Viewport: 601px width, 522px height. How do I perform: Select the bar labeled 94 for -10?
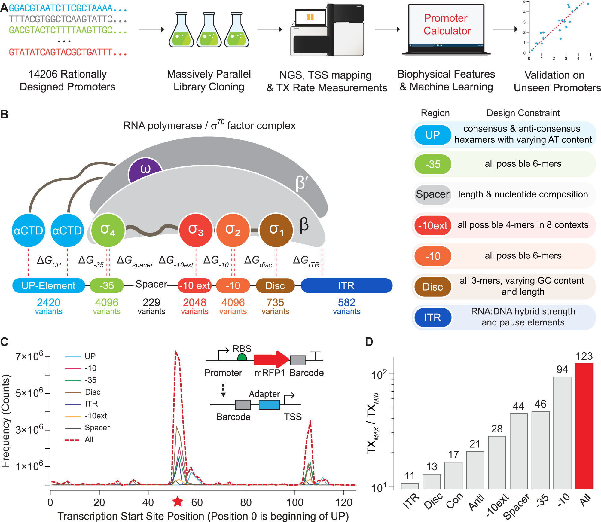coord(562,433)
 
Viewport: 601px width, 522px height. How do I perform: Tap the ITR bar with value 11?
coord(410,486)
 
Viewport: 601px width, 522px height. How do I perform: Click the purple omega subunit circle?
coord(145,170)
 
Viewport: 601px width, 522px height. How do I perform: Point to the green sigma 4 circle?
coord(108,230)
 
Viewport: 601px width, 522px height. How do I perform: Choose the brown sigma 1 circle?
coord(276,230)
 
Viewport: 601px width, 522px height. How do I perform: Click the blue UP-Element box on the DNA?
coord(48,285)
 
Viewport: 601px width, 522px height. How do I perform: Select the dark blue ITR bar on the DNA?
coord(346,285)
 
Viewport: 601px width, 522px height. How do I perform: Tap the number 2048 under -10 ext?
coord(194,302)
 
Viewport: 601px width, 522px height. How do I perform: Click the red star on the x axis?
coord(178,501)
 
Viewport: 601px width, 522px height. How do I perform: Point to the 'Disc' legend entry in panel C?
coord(93,392)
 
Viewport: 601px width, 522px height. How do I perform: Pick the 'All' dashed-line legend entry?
coord(89,440)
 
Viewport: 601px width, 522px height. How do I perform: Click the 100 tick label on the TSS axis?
coord(295,502)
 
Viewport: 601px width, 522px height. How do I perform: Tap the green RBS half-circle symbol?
coord(242,357)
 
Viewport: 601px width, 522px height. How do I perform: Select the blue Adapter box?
coord(269,405)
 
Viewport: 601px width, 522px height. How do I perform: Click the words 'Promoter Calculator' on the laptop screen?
coord(447,25)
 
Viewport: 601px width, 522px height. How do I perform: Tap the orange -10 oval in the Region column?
coord(432,256)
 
